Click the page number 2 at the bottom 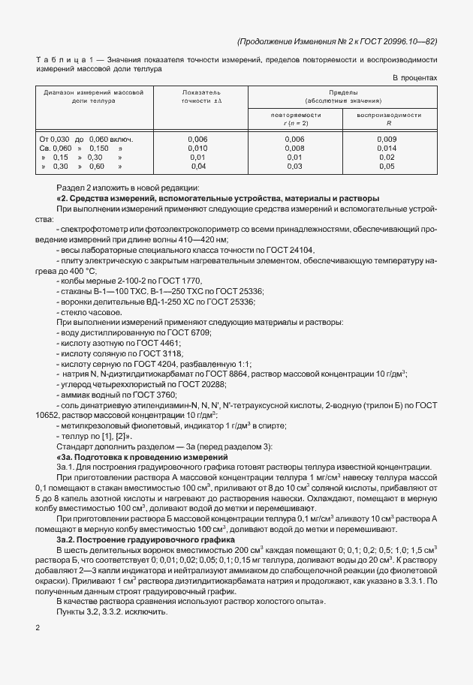point(38,626)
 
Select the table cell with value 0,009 point(387,140)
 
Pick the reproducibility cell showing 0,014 point(387,149)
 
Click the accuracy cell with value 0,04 point(197,167)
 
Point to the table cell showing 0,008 point(295,149)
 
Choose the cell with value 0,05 point(387,167)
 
